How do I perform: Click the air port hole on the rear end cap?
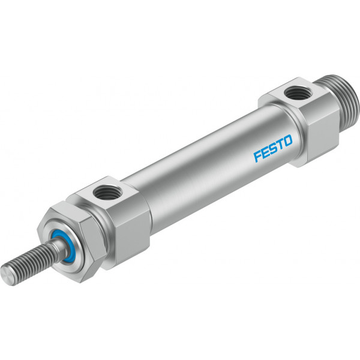pos(298,93)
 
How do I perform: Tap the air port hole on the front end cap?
pos(107,193)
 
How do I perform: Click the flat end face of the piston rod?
pos(7,275)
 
